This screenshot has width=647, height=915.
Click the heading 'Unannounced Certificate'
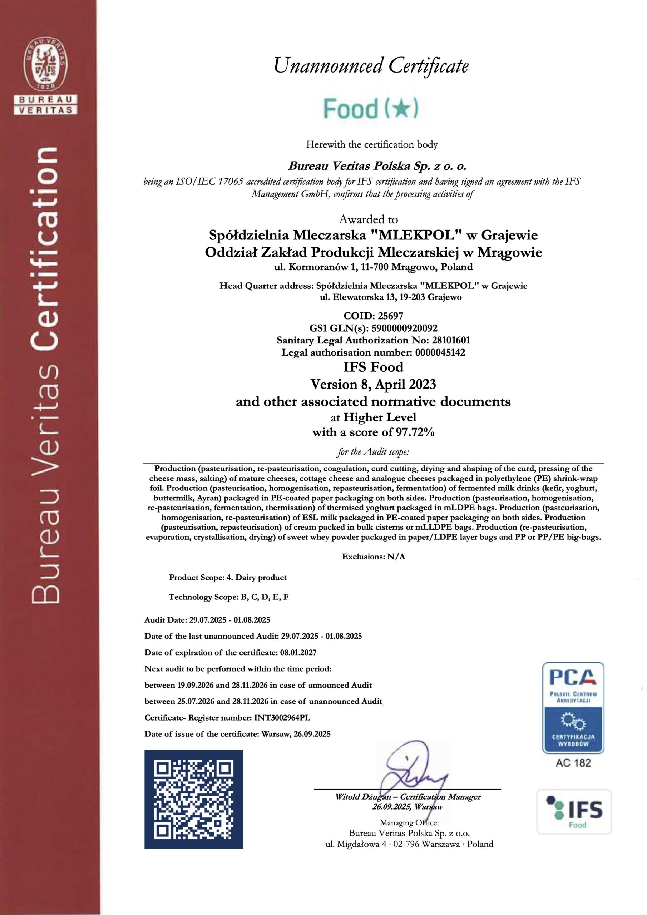click(371, 66)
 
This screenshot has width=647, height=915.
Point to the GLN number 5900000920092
click(404, 328)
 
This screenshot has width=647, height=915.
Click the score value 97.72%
click(415, 432)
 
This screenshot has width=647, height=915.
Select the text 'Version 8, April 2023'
click(373, 385)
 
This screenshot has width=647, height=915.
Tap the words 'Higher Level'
click(380, 418)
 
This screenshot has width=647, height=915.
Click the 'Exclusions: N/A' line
click(373, 557)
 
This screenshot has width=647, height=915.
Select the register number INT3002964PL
click(282, 718)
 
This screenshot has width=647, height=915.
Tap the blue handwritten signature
click(413, 769)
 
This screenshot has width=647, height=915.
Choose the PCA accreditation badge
click(573, 708)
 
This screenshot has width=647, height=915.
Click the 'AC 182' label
click(573, 763)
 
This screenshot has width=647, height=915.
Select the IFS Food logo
click(574, 811)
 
